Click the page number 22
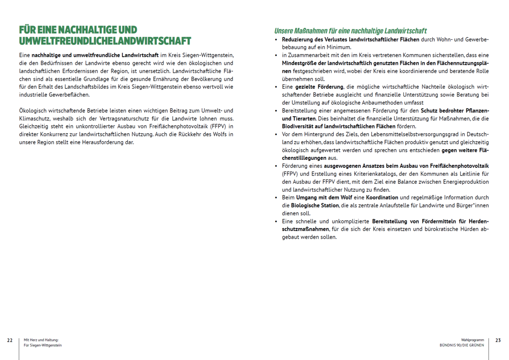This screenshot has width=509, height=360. [9, 340]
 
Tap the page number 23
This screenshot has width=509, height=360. [498, 340]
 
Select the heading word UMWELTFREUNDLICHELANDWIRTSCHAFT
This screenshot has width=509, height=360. [105, 41]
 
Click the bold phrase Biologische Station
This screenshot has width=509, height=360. [310, 206]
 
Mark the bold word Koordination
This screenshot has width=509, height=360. [382, 198]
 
